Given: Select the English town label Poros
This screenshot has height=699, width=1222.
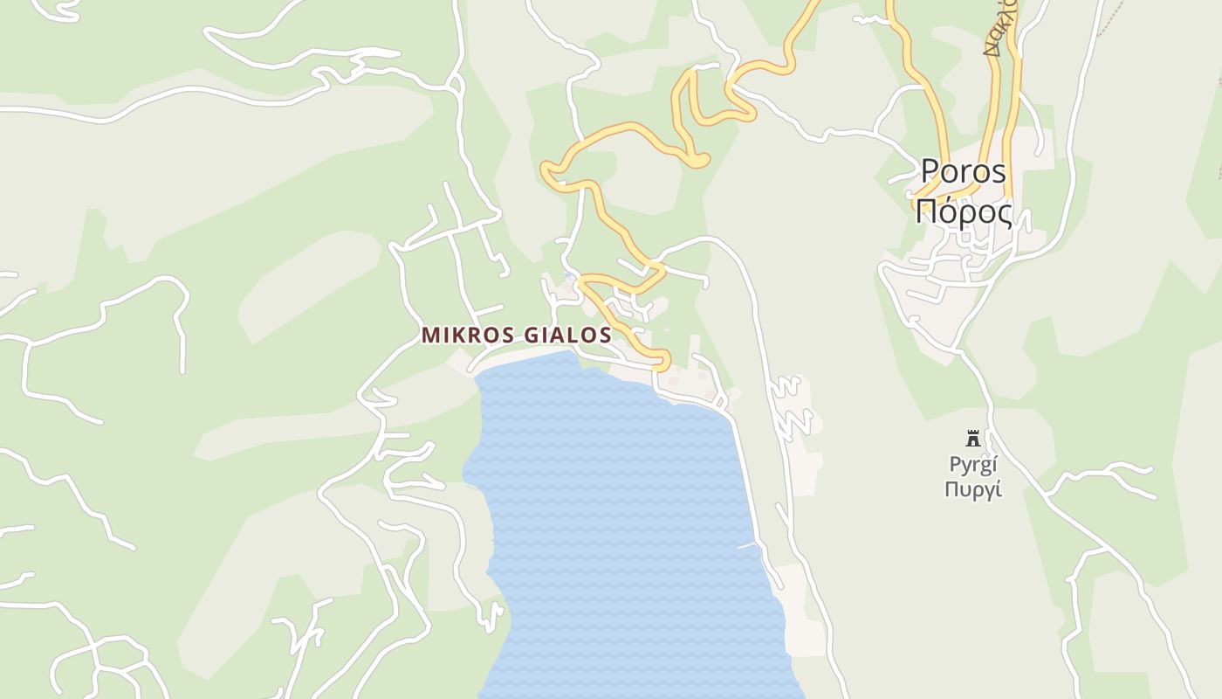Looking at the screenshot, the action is (x=964, y=172).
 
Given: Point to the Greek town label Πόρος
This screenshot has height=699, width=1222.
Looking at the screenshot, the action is (x=964, y=212).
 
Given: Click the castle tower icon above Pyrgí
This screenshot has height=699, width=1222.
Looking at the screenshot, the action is (x=972, y=438).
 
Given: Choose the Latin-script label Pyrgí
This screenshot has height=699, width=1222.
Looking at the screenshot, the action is (x=972, y=464).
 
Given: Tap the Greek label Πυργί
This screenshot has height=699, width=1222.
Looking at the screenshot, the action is (x=972, y=489).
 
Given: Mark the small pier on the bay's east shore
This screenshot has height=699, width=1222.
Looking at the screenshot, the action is (x=745, y=545).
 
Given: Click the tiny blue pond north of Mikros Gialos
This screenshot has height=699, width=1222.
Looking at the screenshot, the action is (x=568, y=276).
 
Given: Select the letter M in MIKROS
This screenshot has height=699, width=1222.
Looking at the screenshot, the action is (x=430, y=336).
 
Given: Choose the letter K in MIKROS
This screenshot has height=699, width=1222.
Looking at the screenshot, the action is (x=456, y=336).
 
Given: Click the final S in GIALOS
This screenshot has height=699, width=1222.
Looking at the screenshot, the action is (x=604, y=336).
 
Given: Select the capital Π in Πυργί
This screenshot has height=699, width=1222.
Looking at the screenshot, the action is (x=952, y=489).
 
